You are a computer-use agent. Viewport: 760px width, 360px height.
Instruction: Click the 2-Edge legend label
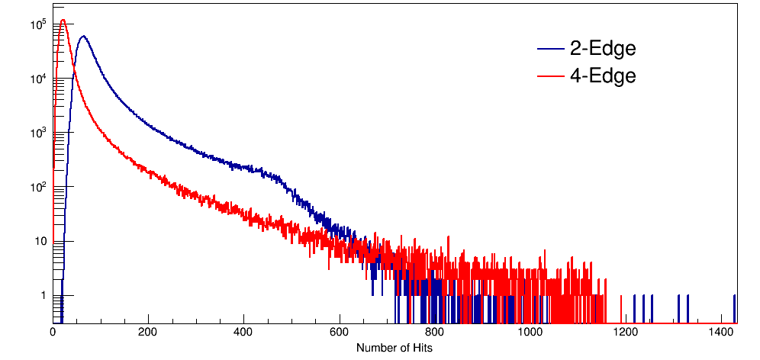pyautogui.click(x=603, y=49)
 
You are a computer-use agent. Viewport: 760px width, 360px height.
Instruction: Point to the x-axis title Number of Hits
pyautogui.click(x=395, y=348)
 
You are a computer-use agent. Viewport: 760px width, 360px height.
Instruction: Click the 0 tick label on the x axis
pyautogui.click(x=53, y=333)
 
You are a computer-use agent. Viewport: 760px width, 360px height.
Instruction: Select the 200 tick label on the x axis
pyautogui.click(x=148, y=333)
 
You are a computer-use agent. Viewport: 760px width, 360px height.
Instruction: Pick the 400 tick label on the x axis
pyautogui.click(x=243, y=333)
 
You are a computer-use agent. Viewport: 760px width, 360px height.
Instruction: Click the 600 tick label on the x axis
pyautogui.click(x=339, y=333)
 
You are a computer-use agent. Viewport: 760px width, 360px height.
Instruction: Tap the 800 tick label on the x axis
pyautogui.click(x=434, y=333)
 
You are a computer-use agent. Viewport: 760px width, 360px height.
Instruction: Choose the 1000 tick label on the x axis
pyautogui.click(x=530, y=333)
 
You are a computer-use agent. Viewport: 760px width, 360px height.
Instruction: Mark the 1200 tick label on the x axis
pyautogui.click(x=625, y=333)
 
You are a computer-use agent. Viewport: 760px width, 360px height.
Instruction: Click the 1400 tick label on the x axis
pyautogui.click(x=720, y=333)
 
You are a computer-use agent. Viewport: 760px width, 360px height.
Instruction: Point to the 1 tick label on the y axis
pyautogui.click(x=43, y=295)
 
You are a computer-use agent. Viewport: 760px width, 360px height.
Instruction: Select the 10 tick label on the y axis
pyautogui.click(x=41, y=242)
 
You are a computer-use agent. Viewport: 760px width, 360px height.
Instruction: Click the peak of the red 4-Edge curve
pyautogui.click(x=63, y=21)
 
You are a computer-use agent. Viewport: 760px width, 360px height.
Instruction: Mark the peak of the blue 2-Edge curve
pyautogui.click(x=83, y=36)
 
